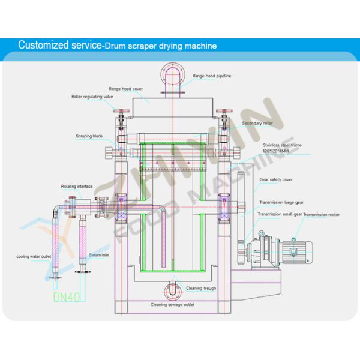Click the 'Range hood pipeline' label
[x=212, y=76]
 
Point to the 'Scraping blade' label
[x=89, y=136]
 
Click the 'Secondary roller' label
[x=257, y=124]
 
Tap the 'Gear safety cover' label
[x=275, y=179]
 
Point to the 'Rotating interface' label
[x=75, y=187]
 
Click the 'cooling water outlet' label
[x=34, y=257]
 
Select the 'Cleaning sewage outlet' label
[x=177, y=305]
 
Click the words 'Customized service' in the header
[x=58, y=46]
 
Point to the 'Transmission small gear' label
[x=280, y=214]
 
